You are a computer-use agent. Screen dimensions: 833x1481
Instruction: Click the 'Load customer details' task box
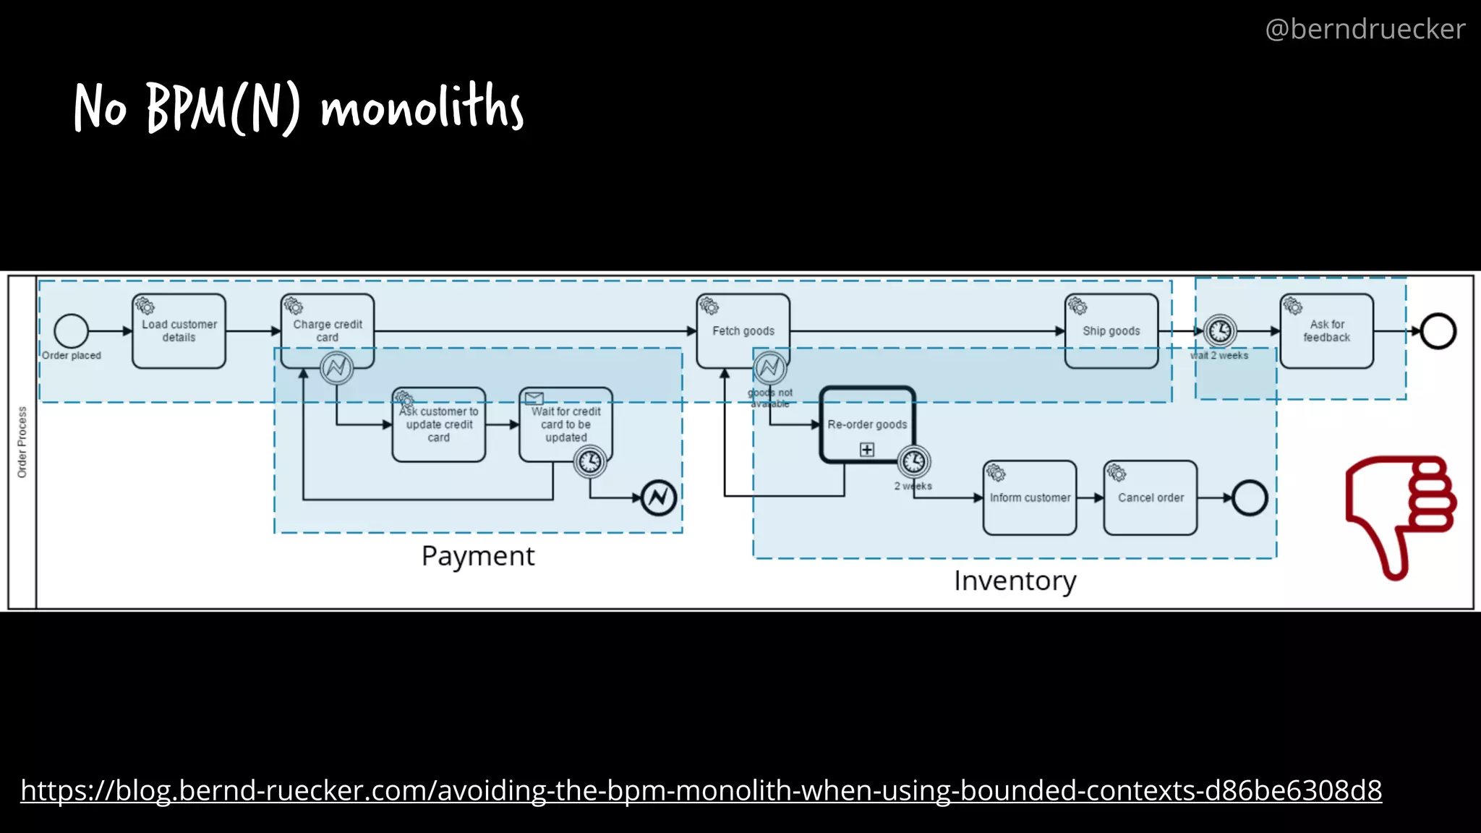[x=179, y=331]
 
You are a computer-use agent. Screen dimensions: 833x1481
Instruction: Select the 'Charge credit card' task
[x=328, y=327]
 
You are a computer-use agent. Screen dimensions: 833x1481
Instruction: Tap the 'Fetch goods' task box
[x=743, y=331]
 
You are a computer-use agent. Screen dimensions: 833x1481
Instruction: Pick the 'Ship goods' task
[x=1111, y=331]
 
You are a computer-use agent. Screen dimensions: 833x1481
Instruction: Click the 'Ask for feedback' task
[x=1326, y=331]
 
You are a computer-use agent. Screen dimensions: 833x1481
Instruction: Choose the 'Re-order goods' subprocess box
[x=867, y=424]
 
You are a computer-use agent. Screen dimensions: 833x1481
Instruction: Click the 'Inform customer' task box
[x=1030, y=497]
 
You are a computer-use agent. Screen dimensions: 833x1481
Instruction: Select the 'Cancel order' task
[x=1150, y=497]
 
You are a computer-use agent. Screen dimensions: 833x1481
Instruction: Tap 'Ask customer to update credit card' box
[x=438, y=424]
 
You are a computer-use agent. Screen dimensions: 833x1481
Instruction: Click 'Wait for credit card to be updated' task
[x=565, y=424]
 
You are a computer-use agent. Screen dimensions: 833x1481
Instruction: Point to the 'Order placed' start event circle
[x=71, y=331]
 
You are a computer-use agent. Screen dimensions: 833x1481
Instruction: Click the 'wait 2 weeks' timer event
[x=1220, y=331]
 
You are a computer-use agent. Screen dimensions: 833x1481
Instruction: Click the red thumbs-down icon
[x=1399, y=513]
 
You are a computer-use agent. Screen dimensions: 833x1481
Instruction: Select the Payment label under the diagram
[x=478, y=556]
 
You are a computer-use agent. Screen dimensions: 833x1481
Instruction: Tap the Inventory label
[x=1015, y=581]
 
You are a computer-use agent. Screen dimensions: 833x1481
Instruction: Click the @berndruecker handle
[x=1365, y=29]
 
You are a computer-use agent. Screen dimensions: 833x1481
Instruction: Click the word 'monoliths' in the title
[x=422, y=107]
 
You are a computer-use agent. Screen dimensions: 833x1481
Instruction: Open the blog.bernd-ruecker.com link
[x=701, y=790]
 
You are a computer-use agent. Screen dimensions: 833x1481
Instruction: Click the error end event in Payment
[x=659, y=497]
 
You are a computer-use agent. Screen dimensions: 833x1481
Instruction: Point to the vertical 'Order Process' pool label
[x=22, y=442]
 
